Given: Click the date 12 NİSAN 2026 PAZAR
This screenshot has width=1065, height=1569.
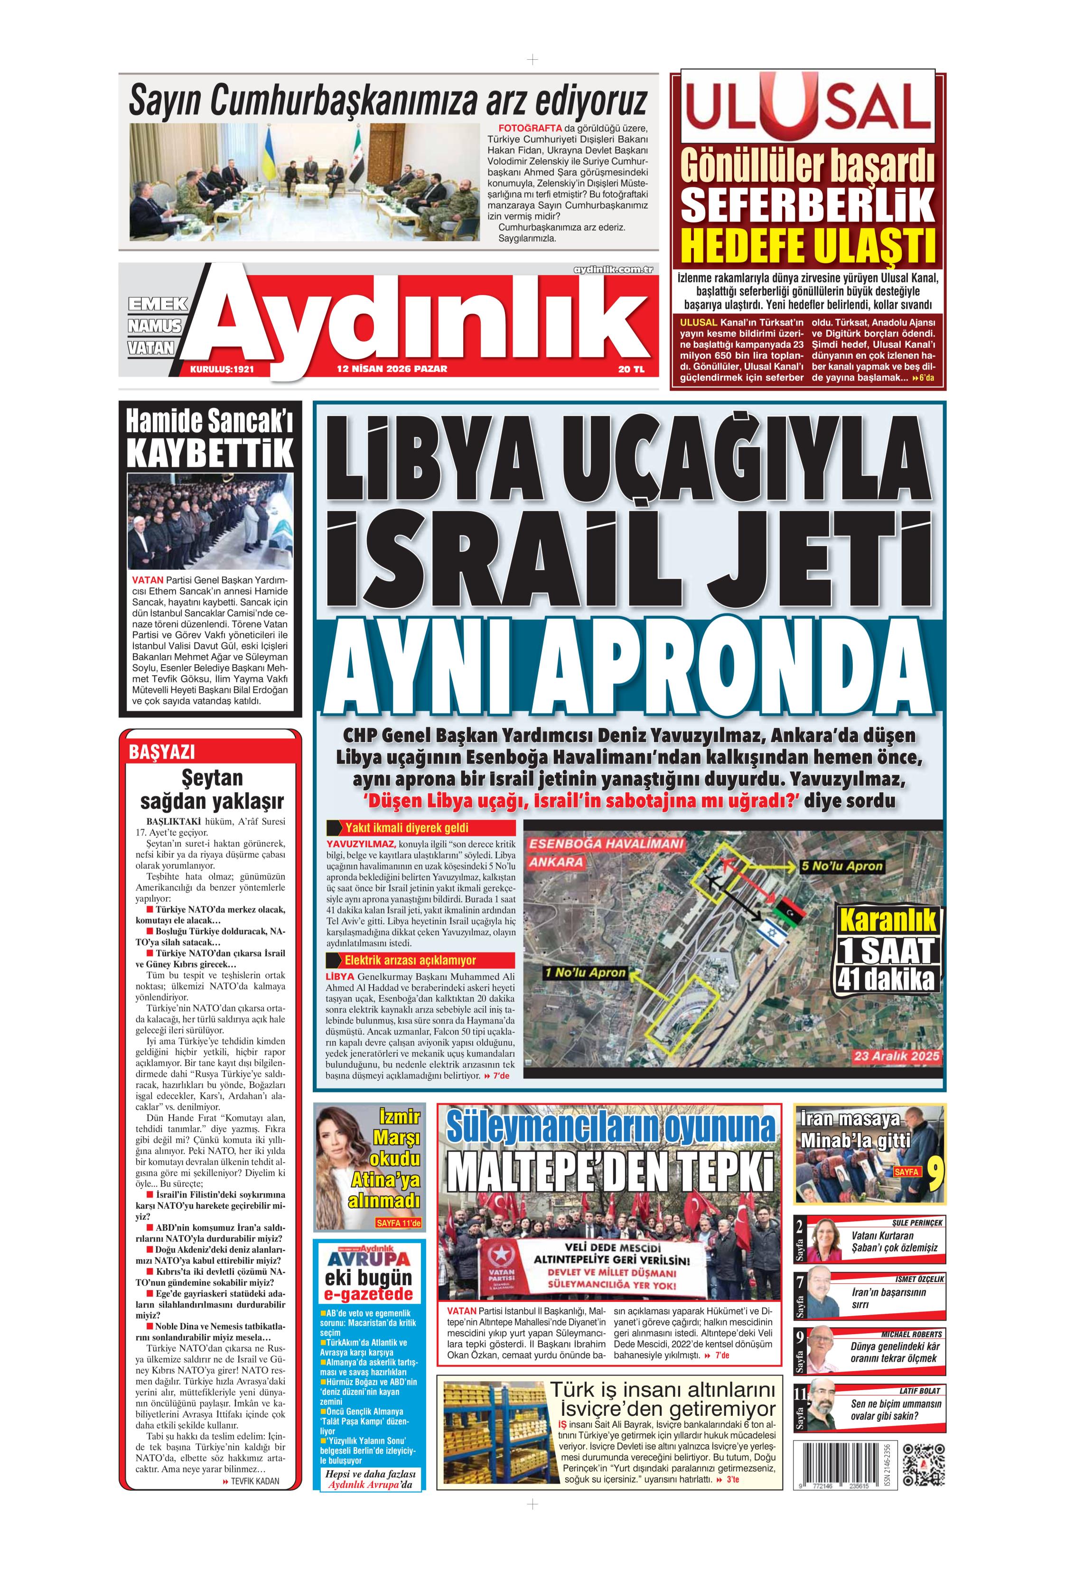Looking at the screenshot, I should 392,369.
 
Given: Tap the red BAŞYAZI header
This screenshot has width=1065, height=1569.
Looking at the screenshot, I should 162,752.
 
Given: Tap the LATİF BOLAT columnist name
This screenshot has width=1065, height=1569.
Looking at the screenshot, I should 919,1391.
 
